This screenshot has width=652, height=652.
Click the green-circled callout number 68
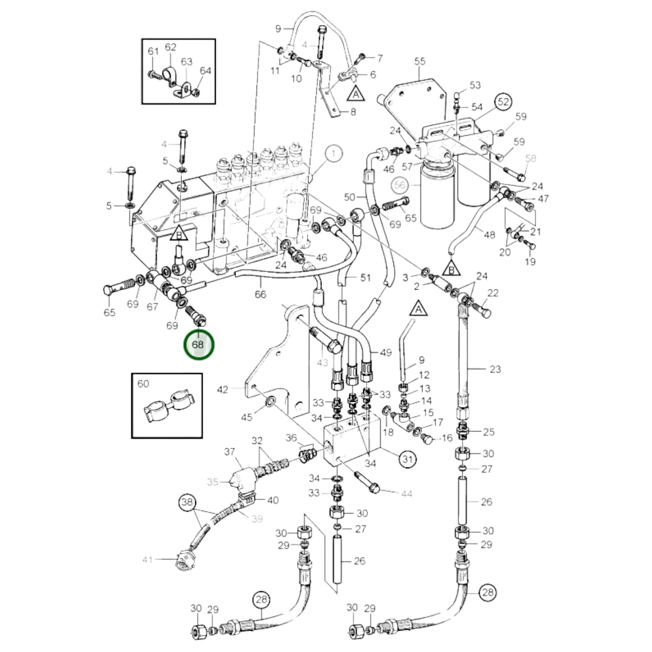point(198,345)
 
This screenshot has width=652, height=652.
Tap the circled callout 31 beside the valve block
point(407,459)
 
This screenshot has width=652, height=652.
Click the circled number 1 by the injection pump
point(333,153)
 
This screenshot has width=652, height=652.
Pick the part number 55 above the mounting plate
point(420,61)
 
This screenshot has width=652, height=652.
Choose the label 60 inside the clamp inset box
point(143,384)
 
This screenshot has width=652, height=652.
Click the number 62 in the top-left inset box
point(170,47)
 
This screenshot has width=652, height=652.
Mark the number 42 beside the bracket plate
point(223,389)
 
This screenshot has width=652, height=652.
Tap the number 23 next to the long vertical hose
point(495,369)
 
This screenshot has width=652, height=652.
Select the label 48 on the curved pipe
point(489,235)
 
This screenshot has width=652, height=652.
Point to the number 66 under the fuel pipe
point(260,294)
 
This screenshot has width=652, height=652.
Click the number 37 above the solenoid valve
point(230,452)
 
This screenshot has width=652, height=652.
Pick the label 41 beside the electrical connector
point(148,560)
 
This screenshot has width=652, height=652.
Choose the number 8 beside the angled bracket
point(353,111)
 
